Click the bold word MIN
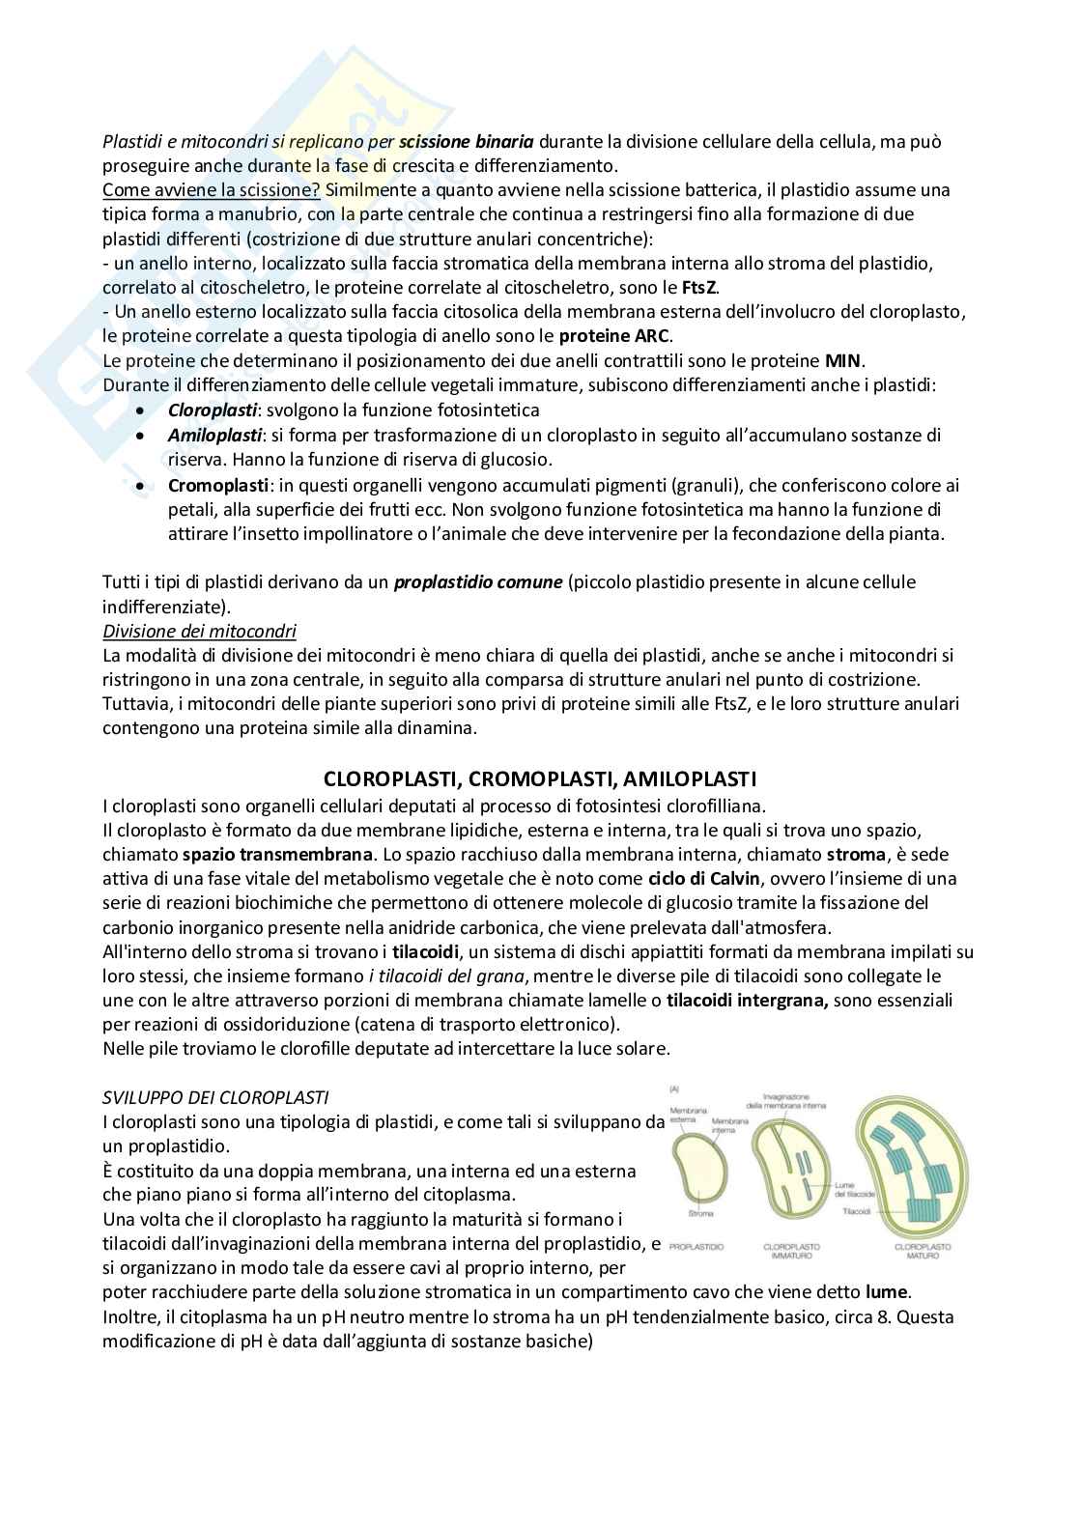[843, 360]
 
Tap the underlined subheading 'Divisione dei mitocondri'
[199, 631]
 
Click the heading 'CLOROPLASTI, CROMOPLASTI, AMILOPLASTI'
[539, 778]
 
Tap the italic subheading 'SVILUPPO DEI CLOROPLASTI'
[215, 1097]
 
